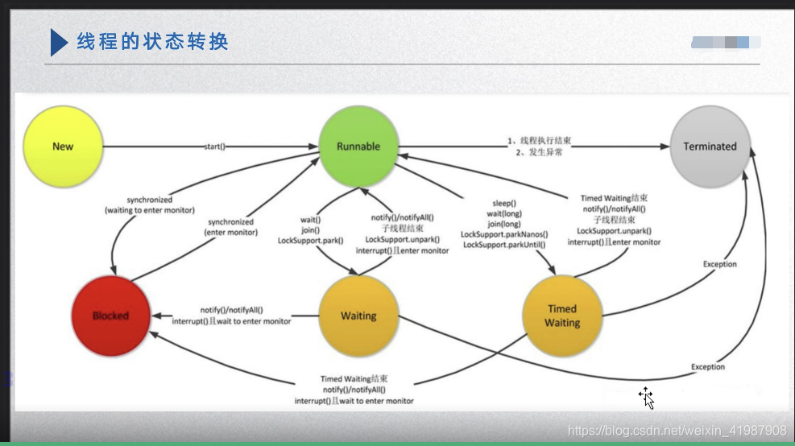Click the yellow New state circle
coord(63,147)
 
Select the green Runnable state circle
coord(358,147)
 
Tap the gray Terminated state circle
coord(710,147)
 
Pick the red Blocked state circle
coord(110,316)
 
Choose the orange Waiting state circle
coord(358,316)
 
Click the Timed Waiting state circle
coord(561,316)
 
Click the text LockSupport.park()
coord(311,240)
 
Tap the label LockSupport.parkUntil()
coord(504,245)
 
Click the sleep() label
coord(504,204)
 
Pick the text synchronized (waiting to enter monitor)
coord(149,204)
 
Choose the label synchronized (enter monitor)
coord(230,227)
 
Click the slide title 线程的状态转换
coord(152,41)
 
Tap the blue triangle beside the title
coord(58,42)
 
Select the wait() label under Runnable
coord(311,219)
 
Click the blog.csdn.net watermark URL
coord(677,431)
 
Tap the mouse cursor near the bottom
coord(646,397)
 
